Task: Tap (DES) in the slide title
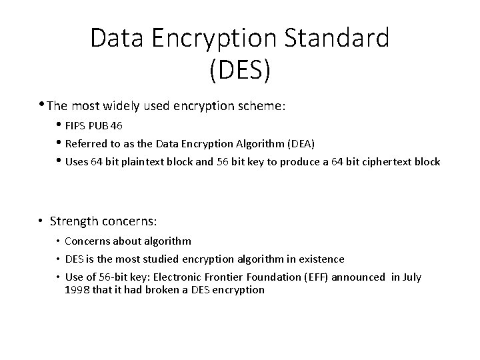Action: click(x=240, y=70)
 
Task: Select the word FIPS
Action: click(x=77, y=126)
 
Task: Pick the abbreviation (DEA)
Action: click(x=303, y=143)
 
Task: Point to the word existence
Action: click(x=321, y=259)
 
